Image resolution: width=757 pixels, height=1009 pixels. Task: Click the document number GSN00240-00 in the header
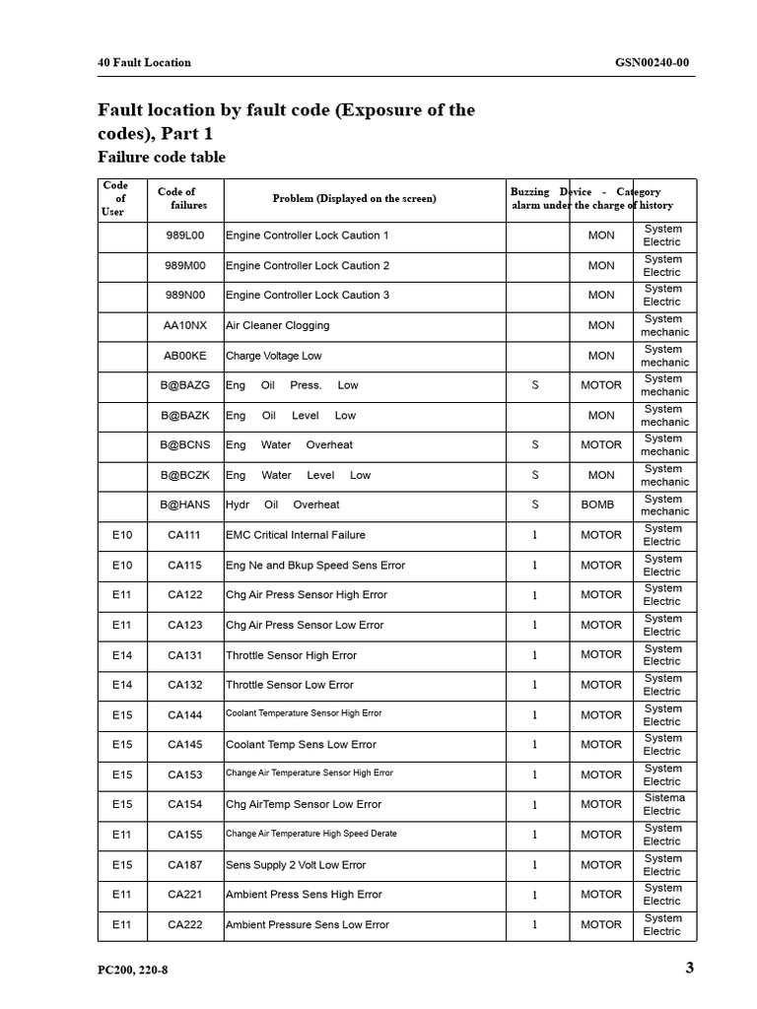point(652,62)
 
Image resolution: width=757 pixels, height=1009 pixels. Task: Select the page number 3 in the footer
point(690,968)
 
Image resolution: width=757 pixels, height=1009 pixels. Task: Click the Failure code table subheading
point(162,157)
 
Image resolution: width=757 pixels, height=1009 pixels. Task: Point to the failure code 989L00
point(185,235)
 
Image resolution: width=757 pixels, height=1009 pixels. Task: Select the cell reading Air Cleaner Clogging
point(278,325)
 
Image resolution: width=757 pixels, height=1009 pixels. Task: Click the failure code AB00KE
point(185,356)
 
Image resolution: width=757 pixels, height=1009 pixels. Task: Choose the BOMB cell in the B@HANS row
point(597,504)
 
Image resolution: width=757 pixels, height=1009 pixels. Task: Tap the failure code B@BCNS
point(185,444)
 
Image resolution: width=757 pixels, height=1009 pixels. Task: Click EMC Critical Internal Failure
point(296,535)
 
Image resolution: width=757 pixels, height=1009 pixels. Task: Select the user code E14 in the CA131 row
point(122,655)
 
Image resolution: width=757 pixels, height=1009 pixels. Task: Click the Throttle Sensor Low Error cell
point(290,685)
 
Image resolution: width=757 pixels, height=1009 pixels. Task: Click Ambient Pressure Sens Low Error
point(308,924)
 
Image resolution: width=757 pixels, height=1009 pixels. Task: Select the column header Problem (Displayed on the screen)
point(354,198)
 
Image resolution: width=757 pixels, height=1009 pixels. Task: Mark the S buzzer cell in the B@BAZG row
point(535,385)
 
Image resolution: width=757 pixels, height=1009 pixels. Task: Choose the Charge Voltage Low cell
point(274,356)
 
